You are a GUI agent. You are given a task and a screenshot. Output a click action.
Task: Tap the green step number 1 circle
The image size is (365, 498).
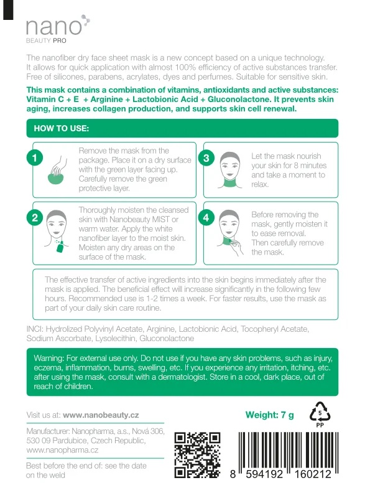35,158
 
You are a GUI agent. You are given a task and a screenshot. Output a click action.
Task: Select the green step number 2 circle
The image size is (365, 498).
35,217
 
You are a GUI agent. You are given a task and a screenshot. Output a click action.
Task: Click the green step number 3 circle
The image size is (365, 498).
206,158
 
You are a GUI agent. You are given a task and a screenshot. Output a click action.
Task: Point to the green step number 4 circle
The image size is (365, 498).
206,217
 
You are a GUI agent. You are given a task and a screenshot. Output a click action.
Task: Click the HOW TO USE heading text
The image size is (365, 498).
61,128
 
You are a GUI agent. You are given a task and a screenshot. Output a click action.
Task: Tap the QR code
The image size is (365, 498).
197,455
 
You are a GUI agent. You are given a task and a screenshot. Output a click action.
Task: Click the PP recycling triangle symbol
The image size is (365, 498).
320,414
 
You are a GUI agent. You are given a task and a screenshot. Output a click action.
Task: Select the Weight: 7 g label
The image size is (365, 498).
269,415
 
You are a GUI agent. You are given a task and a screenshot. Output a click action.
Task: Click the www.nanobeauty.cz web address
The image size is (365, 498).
101,415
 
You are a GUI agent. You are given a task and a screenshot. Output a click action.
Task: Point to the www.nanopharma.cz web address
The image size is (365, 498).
62,449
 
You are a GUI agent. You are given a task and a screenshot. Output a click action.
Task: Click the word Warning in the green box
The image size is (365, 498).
49,359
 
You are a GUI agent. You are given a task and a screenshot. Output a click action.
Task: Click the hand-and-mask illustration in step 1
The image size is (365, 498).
57,170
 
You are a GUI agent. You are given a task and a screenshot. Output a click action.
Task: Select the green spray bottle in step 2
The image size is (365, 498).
60,246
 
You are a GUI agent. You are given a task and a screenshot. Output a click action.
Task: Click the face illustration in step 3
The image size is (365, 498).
229,170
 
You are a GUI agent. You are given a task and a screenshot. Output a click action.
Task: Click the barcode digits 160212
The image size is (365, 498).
313,474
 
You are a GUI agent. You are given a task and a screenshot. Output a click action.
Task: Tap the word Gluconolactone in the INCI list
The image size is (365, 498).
167,338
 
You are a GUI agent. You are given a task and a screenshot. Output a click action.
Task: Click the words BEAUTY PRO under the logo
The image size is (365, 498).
46,40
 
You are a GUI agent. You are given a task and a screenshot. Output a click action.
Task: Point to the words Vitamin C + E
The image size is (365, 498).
53,99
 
